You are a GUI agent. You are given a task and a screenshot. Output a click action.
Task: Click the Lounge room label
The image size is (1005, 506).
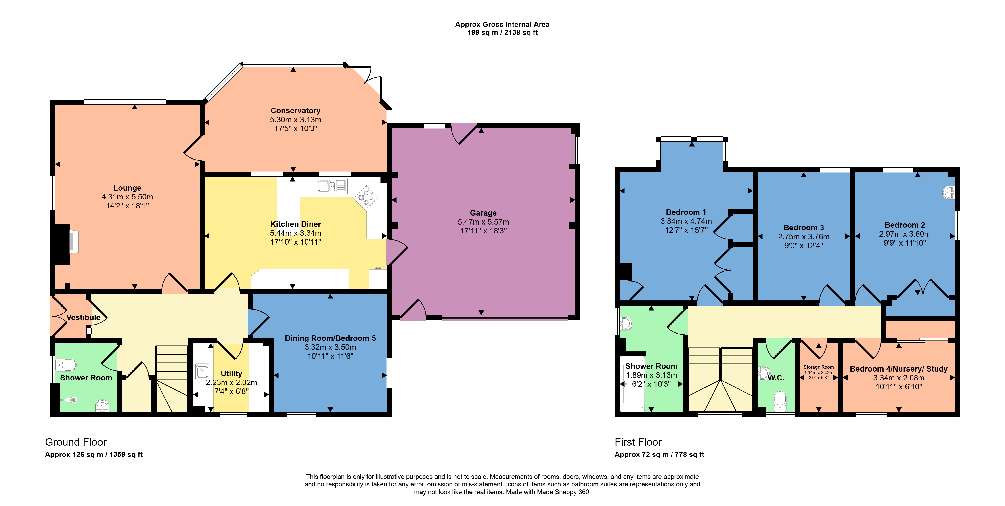pos(127,188)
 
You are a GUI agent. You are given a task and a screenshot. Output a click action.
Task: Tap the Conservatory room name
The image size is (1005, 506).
pos(295,110)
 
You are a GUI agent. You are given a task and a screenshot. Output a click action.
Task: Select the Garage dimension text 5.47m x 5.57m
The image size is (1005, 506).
pos(483,222)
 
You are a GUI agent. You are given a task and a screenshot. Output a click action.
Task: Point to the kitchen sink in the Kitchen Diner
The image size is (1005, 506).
pos(331,186)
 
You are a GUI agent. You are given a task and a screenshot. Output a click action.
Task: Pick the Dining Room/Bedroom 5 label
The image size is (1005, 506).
pos(330,338)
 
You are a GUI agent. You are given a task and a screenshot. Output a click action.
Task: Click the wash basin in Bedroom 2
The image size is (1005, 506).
pos(949,192)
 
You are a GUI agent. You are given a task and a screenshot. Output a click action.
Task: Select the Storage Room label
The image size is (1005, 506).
pos(819,367)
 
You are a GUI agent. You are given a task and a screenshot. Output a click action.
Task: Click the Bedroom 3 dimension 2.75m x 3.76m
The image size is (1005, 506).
pos(803,236)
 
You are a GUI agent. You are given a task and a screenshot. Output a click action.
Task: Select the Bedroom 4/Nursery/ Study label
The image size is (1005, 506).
pos(898,369)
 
